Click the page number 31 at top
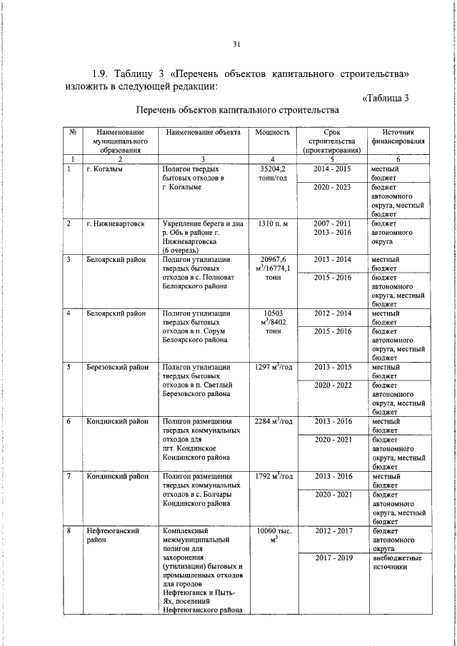point(237,44)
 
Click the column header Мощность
point(272,133)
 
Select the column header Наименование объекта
point(203,133)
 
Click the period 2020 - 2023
point(332,188)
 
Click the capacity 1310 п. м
point(272,224)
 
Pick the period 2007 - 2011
point(332,224)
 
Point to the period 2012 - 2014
point(332,314)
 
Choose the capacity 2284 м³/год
point(272,422)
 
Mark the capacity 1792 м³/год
point(272,476)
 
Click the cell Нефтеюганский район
point(111,535)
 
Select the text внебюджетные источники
point(396,562)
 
